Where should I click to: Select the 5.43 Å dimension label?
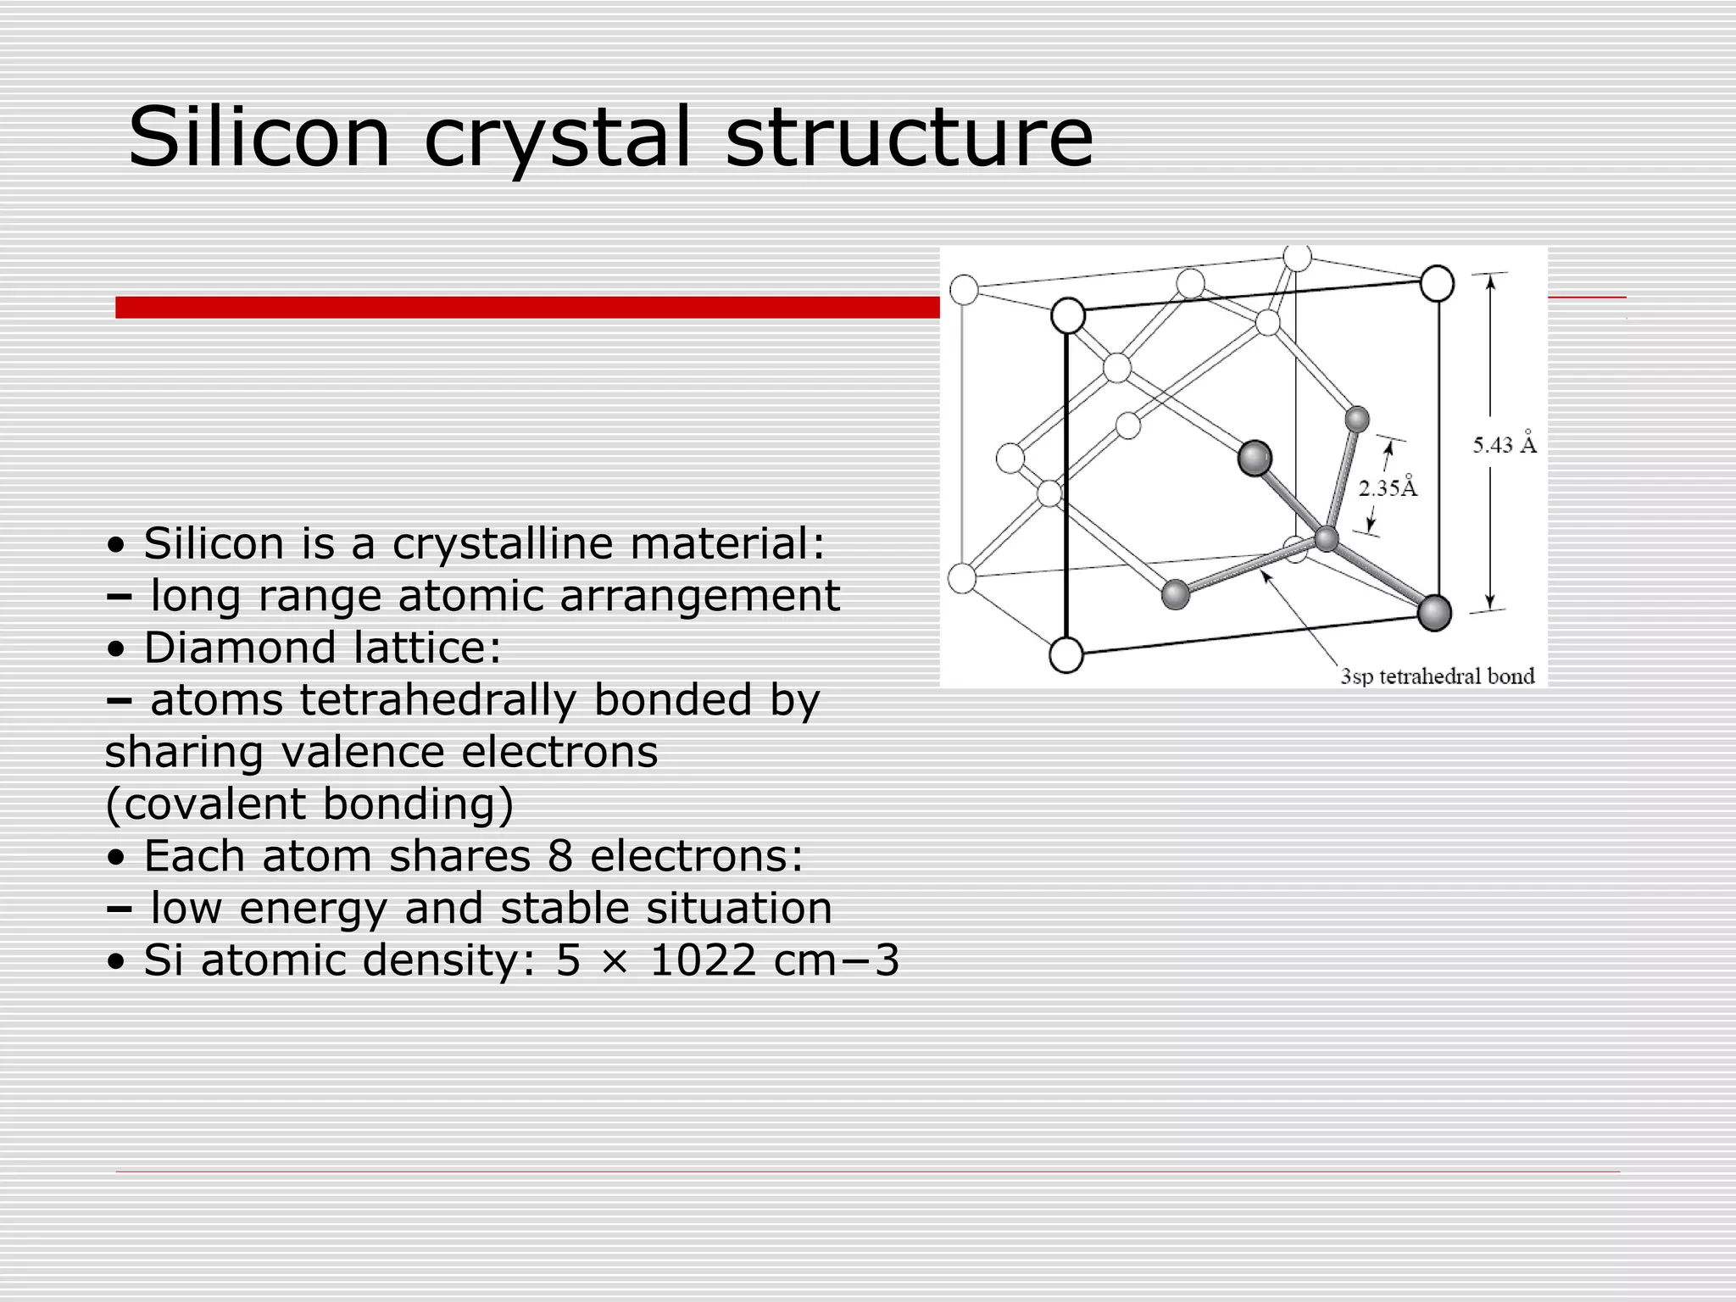pyautogui.click(x=1504, y=445)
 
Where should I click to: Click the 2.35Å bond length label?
pyautogui.click(x=1388, y=488)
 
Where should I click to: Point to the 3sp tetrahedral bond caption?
pyautogui.click(x=1437, y=676)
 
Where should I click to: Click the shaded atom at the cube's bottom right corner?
pyautogui.click(x=1434, y=613)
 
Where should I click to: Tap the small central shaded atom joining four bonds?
pyautogui.click(x=1327, y=539)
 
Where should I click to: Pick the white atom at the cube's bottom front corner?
pyautogui.click(x=1066, y=655)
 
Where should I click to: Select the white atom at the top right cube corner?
pyautogui.click(x=1437, y=284)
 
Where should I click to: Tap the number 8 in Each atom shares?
pyautogui.click(x=559, y=856)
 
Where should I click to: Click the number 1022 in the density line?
pyautogui.click(x=703, y=960)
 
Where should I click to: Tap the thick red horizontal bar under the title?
pyautogui.click(x=526, y=307)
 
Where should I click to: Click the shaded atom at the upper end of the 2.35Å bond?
pyautogui.click(x=1357, y=420)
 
